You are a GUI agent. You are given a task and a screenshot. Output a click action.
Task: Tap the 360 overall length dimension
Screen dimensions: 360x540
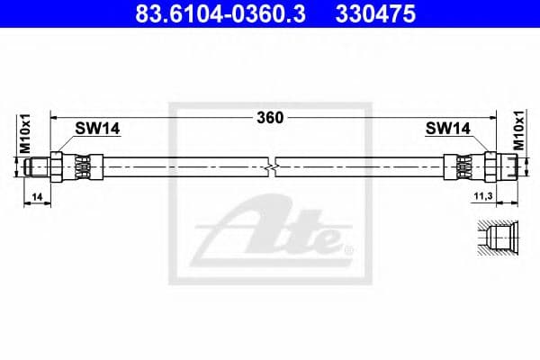tap(271, 117)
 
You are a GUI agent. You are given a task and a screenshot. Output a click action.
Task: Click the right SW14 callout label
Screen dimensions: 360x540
tap(447, 129)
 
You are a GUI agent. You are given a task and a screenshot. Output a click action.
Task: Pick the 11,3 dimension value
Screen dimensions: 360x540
tap(482, 194)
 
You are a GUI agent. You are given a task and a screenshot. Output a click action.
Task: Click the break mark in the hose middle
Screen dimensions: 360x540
tap(274, 166)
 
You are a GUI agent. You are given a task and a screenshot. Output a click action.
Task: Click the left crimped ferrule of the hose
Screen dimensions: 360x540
tap(84, 166)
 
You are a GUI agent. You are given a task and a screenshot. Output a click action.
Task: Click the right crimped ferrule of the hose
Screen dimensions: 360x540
tap(461, 166)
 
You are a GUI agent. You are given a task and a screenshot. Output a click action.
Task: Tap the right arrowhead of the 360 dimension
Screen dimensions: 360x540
tap(494, 117)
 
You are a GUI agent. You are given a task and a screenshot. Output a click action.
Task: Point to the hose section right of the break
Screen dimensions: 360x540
tap(360, 166)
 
